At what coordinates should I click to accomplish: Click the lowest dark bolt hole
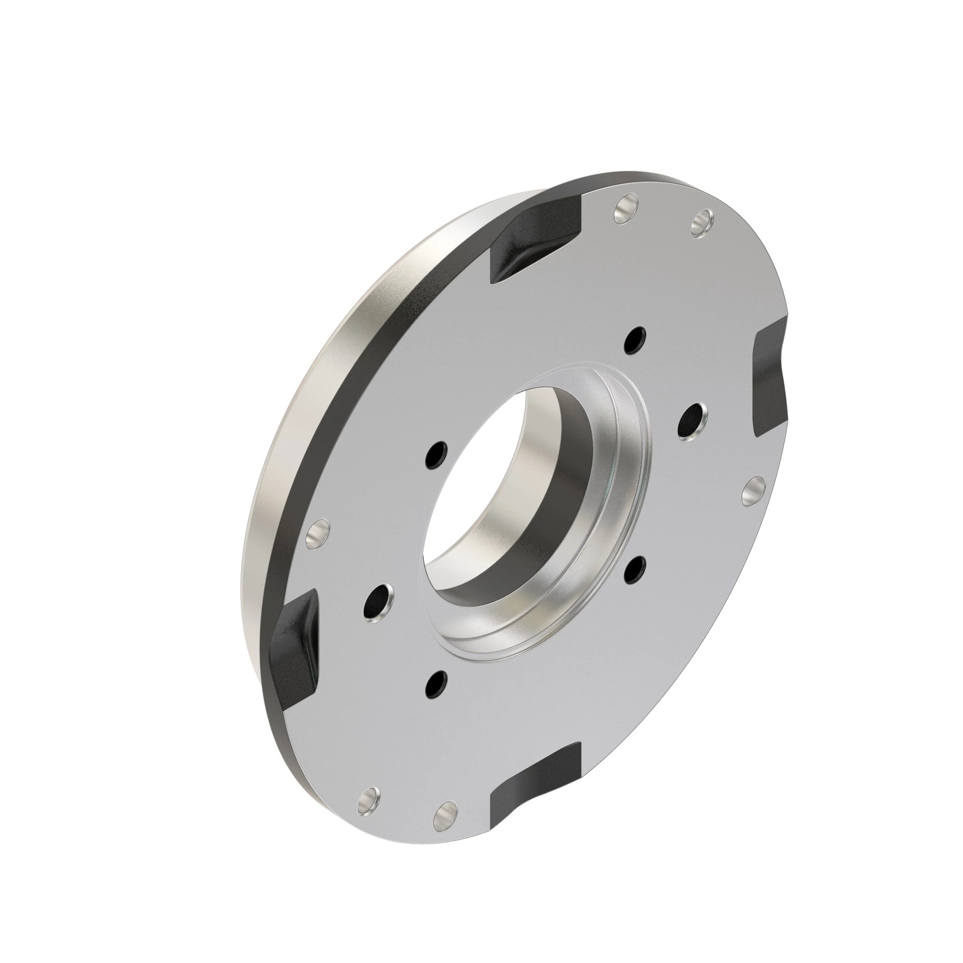[437, 683]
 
